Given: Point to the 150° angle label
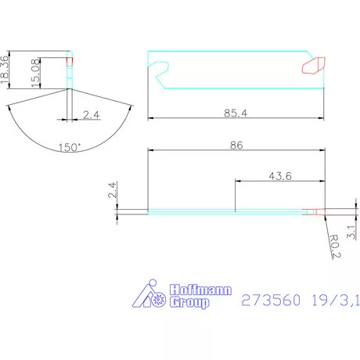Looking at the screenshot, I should tap(70, 146).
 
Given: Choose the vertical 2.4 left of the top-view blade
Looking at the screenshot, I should tap(112, 190).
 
